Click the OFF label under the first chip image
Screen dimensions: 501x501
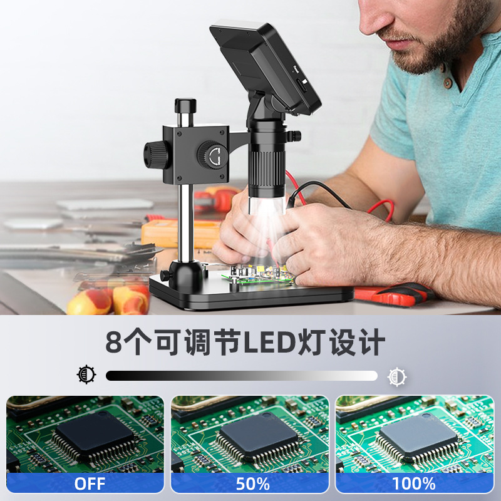tap(90, 483)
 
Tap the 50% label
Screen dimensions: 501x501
tap(252, 483)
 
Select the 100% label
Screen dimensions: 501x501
tap(414, 483)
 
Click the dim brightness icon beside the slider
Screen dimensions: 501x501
tap(86, 374)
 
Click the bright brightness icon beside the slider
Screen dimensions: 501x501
tap(397, 377)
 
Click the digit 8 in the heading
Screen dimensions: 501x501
tap(114, 342)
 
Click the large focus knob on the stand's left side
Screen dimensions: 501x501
tap(155, 155)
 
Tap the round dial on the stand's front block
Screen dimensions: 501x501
tap(212, 155)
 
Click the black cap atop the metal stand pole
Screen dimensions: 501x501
tap(185, 105)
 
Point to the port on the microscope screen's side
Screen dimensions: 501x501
tap(302, 85)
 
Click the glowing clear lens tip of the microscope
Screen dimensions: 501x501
tap(267, 205)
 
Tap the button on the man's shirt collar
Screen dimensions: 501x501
tap(448, 83)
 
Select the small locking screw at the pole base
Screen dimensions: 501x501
tap(165, 276)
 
